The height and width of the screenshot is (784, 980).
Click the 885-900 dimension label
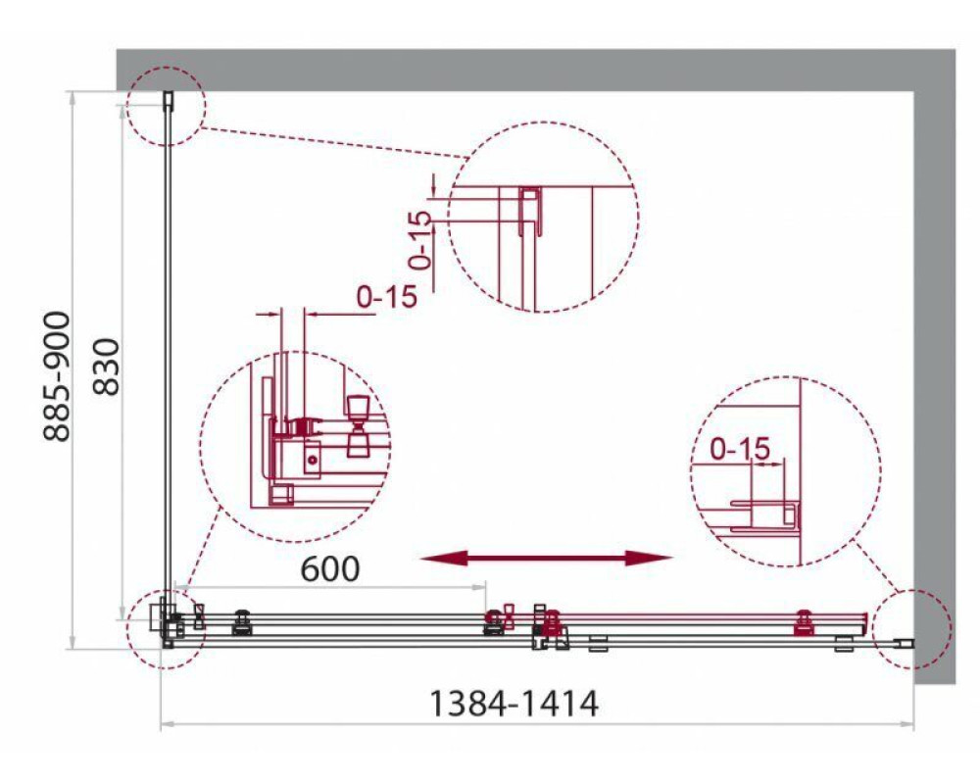point(56,375)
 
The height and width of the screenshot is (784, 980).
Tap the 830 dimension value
point(106,367)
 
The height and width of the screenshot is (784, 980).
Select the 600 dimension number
point(330,569)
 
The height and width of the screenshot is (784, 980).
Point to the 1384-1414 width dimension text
point(514,704)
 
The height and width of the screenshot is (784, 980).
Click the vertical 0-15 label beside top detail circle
point(420,240)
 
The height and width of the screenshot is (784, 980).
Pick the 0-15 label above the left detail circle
point(387,296)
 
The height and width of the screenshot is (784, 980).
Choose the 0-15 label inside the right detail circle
point(741,448)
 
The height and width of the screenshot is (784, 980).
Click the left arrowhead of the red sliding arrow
point(444,558)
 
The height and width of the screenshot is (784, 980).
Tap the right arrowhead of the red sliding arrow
point(649,558)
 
